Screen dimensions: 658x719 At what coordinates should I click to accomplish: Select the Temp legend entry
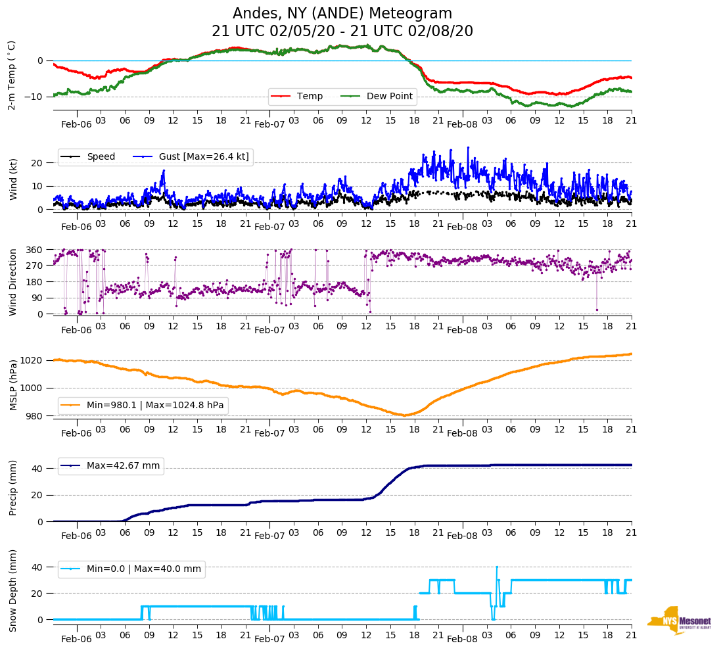[x=310, y=96]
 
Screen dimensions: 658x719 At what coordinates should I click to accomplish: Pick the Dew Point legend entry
[x=390, y=96]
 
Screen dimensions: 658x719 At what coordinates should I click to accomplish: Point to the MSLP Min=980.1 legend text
[x=155, y=405]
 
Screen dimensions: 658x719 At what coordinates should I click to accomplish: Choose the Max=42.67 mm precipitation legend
[x=123, y=465]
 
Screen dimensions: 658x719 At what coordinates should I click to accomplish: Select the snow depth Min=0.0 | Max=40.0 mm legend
[x=143, y=569]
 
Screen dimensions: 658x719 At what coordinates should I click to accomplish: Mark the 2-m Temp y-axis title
[x=11, y=75]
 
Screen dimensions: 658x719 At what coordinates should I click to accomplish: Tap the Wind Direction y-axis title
[x=12, y=281]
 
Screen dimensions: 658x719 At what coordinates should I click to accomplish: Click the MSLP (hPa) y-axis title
[x=12, y=385]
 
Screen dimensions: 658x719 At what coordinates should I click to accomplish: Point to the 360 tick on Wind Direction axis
[x=34, y=250]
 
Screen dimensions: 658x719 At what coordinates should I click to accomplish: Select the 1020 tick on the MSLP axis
[x=32, y=360]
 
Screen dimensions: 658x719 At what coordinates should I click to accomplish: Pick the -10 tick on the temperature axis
[x=34, y=97]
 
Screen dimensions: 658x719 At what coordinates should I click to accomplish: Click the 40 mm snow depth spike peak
[x=497, y=567]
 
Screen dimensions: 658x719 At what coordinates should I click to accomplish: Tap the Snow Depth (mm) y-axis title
[x=12, y=590]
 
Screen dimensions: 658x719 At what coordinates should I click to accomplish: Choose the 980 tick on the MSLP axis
[x=35, y=415]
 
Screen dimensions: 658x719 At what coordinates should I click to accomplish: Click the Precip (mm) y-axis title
[x=12, y=488]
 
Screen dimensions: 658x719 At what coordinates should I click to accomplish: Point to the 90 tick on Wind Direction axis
[x=37, y=298]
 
